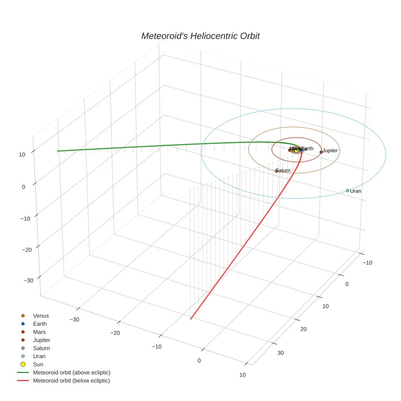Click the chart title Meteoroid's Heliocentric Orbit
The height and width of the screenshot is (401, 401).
pos(200,36)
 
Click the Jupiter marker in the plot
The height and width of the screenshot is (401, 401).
pos(321,152)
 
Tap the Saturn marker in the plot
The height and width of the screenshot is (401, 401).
pos(276,171)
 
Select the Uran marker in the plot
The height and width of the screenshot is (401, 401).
pos(347,191)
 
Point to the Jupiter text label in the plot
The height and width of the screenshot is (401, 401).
pos(330,151)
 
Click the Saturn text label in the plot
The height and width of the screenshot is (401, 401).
pos(283,170)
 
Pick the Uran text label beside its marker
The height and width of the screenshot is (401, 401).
pos(356,191)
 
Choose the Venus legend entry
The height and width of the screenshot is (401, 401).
pos(40,316)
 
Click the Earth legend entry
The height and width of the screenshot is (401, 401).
pos(40,324)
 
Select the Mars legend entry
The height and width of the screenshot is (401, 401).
pos(39,332)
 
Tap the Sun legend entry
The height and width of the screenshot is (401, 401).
pos(38,364)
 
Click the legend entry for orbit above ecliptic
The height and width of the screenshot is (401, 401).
pos(71,372)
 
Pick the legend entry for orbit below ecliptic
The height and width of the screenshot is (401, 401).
pos(71,381)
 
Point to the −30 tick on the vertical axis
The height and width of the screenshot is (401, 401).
pos(29,281)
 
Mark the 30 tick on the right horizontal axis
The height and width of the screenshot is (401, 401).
pos(280,353)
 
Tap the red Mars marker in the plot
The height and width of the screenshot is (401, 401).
pos(290,150)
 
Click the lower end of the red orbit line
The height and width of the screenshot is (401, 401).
pos(191,319)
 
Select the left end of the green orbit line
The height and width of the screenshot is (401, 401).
pos(57,151)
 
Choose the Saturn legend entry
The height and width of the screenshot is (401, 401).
pos(41,348)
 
